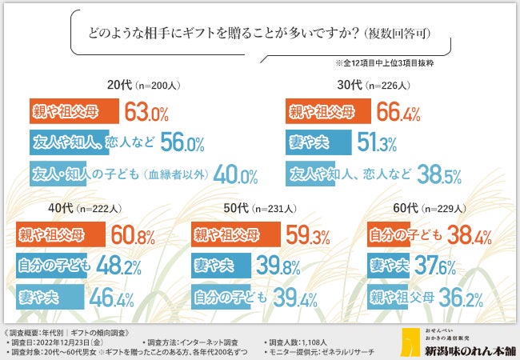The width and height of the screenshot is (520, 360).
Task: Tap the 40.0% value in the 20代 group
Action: point(236,174)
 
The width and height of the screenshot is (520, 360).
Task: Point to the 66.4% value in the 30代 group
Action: point(398,111)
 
